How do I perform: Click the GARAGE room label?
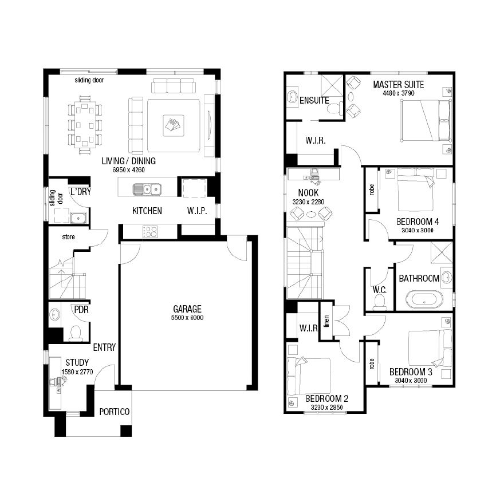(x=187, y=309)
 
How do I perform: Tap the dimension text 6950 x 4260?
(x=128, y=170)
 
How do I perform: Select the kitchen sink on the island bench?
(x=147, y=189)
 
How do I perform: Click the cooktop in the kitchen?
(x=150, y=231)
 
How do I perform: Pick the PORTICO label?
(x=114, y=412)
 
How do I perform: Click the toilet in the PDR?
(x=76, y=333)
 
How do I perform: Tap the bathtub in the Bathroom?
(x=424, y=299)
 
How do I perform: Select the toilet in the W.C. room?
(x=380, y=301)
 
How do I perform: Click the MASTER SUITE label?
(x=398, y=85)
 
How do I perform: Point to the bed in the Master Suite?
(x=426, y=120)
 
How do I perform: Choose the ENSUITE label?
(x=314, y=100)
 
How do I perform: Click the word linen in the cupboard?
(x=326, y=322)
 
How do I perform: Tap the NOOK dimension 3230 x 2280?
(x=308, y=201)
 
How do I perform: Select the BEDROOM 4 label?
(x=418, y=222)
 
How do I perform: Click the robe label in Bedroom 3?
(x=372, y=364)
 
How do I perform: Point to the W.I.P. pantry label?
(x=197, y=211)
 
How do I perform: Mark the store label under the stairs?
(x=68, y=237)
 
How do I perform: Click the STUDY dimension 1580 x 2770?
(x=77, y=372)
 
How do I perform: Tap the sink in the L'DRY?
(x=78, y=218)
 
